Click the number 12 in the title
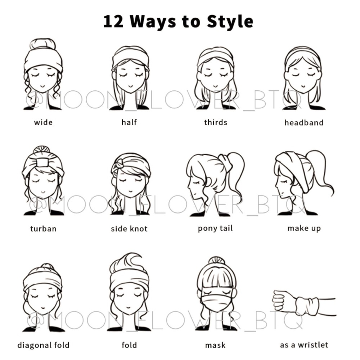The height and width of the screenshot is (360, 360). pyautogui.click(x=113, y=22)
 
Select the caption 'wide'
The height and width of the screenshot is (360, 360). pyautogui.click(x=43, y=122)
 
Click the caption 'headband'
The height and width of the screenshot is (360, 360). pyautogui.click(x=304, y=122)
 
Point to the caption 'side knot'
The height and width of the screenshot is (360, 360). pyautogui.click(x=129, y=229)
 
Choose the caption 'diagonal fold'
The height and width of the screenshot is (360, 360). pyautogui.click(x=44, y=345)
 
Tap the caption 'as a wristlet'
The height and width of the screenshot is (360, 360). pyautogui.click(x=304, y=345)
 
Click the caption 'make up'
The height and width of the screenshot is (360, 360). pyautogui.click(x=304, y=229)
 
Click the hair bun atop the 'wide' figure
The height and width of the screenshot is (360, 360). pyautogui.click(x=43, y=44)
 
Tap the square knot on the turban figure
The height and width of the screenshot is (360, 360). pyautogui.click(x=42, y=163)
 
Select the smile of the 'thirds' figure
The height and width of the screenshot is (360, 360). pyautogui.click(x=215, y=86)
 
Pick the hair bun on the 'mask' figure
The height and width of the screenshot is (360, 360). pyautogui.click(x=216, y=261)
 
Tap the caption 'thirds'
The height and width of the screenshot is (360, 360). pyautogui.click(x=216, y=122)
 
